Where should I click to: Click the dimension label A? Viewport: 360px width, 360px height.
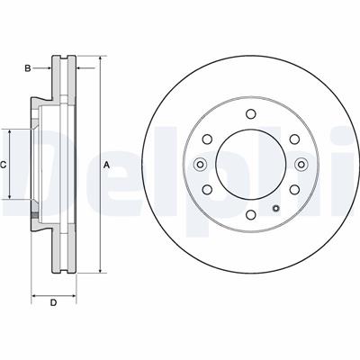106,165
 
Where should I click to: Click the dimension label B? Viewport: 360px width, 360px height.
28,68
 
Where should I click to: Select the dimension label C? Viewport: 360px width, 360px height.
4,165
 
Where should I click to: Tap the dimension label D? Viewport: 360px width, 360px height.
53,302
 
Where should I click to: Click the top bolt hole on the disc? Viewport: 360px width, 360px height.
250,114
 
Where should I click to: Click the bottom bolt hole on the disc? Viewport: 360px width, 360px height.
250,214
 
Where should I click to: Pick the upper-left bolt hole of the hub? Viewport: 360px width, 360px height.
207,139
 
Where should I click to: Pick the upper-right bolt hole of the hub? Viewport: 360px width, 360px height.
294,139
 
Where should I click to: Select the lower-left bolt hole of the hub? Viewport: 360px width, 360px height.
207,189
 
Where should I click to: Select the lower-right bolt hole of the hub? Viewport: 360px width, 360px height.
294,189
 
